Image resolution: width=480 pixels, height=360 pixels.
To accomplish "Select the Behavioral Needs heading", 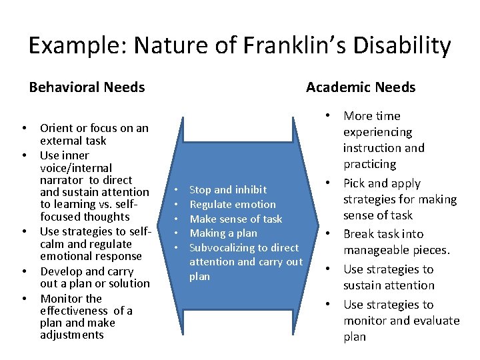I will pyautogui.click(x=87, y=87).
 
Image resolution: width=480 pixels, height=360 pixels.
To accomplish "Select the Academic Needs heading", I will pyautogui.click(x=361, y=87).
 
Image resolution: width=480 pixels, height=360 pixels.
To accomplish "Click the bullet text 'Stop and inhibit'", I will pyautogui.click(x=228, y=190).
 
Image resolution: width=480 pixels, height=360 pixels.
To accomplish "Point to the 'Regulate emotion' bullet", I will pyautogui.click(x=233, y=205).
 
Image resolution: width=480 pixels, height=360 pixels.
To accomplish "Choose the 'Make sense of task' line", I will pyautogui.click(x=236, y=219).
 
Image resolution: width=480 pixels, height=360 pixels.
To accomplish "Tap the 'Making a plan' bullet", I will pyautogui.click(x=223, y=233).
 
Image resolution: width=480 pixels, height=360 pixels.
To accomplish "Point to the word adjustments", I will pyautogui.click(x=72, y=335).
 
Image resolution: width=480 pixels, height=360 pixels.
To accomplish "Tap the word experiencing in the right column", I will pyautogui.click(x=378, y=132).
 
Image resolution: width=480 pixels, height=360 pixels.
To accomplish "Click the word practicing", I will pyautogui.click(x=370, y=164).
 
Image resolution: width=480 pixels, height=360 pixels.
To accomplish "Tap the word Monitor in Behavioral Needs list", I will pyautogui.click(x=62, y=299).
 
